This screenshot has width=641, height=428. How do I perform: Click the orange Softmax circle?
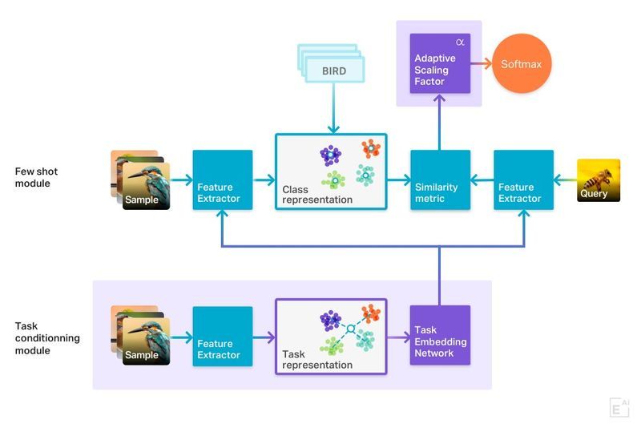coord(522,63)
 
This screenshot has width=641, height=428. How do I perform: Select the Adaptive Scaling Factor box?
coord(439,63)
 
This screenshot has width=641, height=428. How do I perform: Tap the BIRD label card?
coord(333,71)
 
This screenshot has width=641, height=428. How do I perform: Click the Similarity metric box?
coord(440,180)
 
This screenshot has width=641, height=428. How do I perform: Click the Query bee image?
coord(599,180)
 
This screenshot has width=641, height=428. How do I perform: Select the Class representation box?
coord(331,172)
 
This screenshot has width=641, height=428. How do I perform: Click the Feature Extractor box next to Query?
coord(524,180)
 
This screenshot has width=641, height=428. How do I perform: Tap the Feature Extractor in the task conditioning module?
coord(222,336)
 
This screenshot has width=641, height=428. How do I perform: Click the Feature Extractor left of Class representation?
coord(222,180)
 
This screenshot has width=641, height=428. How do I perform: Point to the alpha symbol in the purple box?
coord(460,42)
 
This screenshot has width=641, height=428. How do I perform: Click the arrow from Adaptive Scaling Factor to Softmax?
coord(480,63)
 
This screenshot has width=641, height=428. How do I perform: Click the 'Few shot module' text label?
coord(37,177)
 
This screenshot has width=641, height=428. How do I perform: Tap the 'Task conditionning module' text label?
coord(47,338)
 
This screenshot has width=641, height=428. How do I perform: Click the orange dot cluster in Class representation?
coord(370,147)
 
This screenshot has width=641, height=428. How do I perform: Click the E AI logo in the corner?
coord(619,407)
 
